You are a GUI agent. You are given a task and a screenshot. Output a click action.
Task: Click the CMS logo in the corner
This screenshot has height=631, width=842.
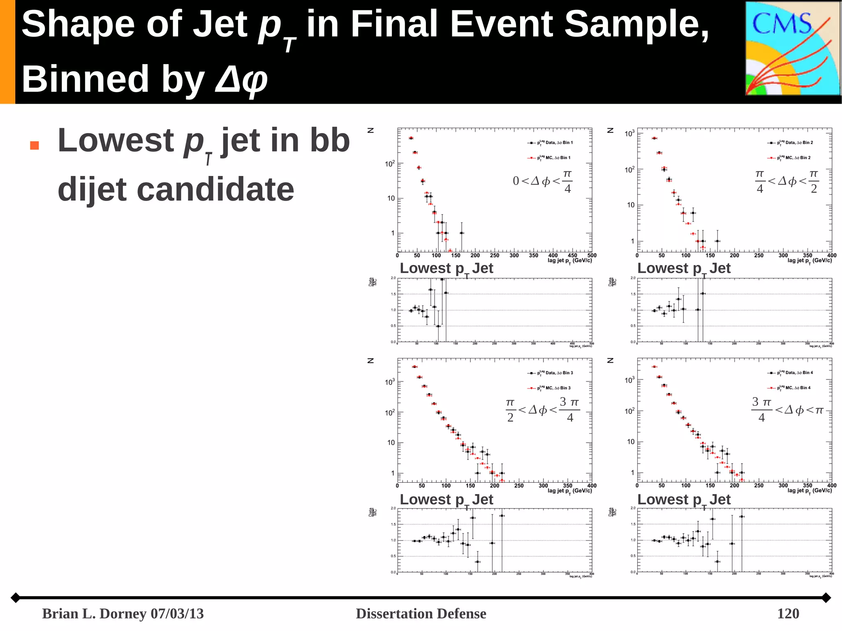tap(793, 49)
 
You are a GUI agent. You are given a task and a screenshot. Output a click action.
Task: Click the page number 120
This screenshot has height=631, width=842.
tap(788, 613)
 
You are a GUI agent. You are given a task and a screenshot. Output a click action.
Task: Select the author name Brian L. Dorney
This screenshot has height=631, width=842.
tap(95, 613)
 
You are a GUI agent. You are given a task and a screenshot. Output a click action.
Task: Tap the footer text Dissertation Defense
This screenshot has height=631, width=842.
tap(421, 613)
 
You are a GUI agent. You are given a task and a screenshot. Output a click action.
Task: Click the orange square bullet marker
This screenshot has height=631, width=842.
tap(35, 146)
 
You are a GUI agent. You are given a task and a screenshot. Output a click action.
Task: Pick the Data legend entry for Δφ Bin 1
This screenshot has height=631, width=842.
tap(551, 143)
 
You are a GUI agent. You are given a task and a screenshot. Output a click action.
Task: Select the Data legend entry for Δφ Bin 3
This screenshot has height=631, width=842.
tap(551, 373)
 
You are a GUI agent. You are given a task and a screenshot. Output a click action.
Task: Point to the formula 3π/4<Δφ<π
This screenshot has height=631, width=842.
tap(787, 410)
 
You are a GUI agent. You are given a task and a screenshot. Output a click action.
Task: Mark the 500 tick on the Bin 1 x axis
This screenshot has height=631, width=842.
tap(592, 255)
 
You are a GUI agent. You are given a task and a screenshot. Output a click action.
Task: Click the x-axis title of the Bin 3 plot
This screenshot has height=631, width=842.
tap(569, 491)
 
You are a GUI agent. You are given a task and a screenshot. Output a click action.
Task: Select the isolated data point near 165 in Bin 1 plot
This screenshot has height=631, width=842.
tap(462, 233)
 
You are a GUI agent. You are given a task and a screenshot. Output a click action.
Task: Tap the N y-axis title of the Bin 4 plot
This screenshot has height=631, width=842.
tap(611, 361)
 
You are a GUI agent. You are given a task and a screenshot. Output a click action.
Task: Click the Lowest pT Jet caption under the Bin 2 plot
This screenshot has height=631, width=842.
tap(684, 268)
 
